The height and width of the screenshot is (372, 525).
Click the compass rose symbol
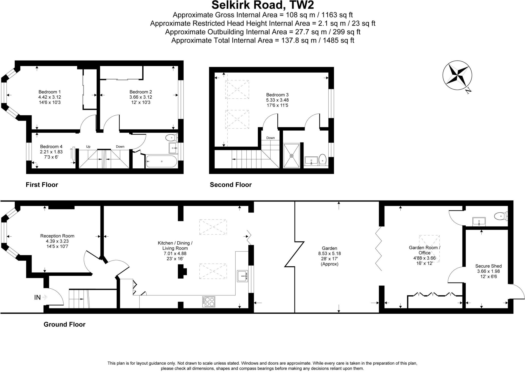point(457,75)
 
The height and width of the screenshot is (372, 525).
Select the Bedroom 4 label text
point(51,147)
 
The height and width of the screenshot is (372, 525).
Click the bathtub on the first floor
point(161,161)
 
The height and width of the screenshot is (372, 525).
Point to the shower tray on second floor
point(291,156)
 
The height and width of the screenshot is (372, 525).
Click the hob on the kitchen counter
point(209,302)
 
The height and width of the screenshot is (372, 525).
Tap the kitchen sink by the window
point(242,276)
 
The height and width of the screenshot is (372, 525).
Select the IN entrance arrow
point(45,297)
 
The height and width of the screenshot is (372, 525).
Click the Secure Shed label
point(488,266)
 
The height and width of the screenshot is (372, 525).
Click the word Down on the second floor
point(270,138)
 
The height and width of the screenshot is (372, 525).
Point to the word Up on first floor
point(88,147)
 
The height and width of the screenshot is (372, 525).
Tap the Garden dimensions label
point(329,256)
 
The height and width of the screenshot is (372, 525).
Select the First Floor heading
point(42,185)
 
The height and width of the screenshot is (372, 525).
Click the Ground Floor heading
point(64,324)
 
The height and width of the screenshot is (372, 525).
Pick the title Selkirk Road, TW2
point(262,5)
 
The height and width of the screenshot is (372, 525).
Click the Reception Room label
point(57,236)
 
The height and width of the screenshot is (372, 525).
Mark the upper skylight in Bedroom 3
point(237,89)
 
